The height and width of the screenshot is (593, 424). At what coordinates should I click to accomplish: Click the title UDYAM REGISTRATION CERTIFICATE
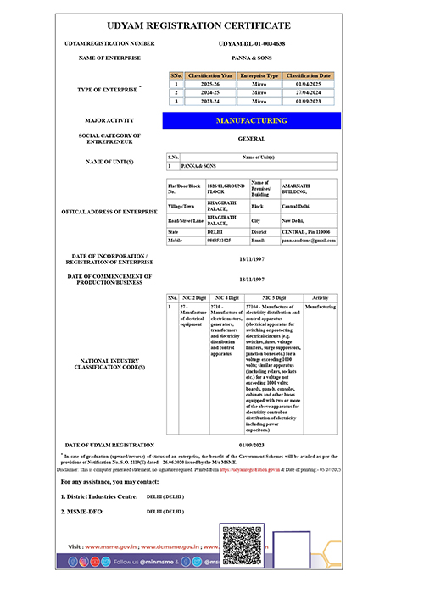[x=212, y=26]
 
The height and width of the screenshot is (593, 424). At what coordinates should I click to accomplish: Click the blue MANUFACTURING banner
[x=251, y=120]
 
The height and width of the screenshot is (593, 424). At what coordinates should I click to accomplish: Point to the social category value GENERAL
[x=251, y=139]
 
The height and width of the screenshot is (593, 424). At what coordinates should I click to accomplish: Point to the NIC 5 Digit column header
[x=273, y=298]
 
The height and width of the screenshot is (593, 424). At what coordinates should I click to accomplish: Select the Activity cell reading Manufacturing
[x=320, y=308]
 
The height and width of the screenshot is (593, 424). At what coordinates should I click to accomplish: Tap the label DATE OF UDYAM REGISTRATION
[x=110, y=445]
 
